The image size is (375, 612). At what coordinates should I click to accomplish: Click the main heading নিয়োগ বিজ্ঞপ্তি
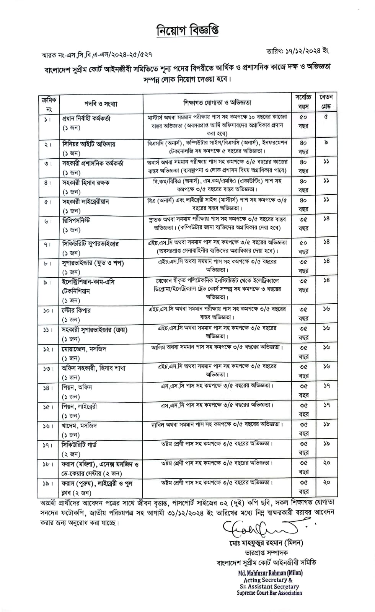coord(187,31)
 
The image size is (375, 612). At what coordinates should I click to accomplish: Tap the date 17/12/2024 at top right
coord(297,50)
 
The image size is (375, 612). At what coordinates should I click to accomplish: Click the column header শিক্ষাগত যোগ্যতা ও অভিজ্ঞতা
coord(217,103)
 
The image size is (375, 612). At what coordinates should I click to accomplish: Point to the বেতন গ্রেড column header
coord(326,102)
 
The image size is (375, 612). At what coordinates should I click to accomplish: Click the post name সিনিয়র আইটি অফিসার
coord(88,144)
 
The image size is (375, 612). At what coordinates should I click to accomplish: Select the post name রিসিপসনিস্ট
coord(76,221)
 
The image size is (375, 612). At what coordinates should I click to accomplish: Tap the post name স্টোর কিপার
coord(76,310)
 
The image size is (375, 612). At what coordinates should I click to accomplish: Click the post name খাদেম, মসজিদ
coord(79,425)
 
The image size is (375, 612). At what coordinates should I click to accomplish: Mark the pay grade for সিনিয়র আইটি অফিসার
coord(326,143)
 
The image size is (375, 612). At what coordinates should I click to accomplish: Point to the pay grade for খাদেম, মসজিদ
coord(326,424)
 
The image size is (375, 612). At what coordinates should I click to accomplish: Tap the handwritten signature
coord(260,529)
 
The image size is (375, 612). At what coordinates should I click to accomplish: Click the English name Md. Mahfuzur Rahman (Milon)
coord(270,573)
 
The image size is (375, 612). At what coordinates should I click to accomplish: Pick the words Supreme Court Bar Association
coord(269,593)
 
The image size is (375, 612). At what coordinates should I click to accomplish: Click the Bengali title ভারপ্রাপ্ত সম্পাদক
coord(267,552)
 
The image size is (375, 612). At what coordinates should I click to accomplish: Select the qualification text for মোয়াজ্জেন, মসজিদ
coord(217,347)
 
